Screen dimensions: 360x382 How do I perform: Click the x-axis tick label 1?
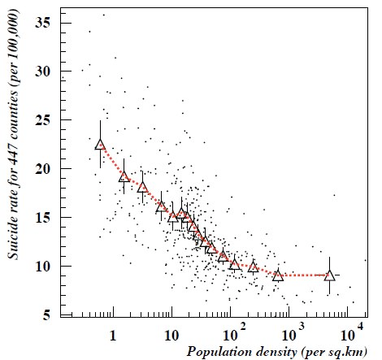pos(112,334)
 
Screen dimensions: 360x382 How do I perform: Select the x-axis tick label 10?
pos(171,334)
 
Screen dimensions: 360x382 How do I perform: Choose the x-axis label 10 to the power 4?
pos(349,332)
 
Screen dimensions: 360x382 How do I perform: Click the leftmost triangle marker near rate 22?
pos(100,145)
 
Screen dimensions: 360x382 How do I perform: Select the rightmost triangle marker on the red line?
pos(329,275)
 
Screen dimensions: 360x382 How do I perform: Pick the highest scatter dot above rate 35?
pos(103,15)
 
